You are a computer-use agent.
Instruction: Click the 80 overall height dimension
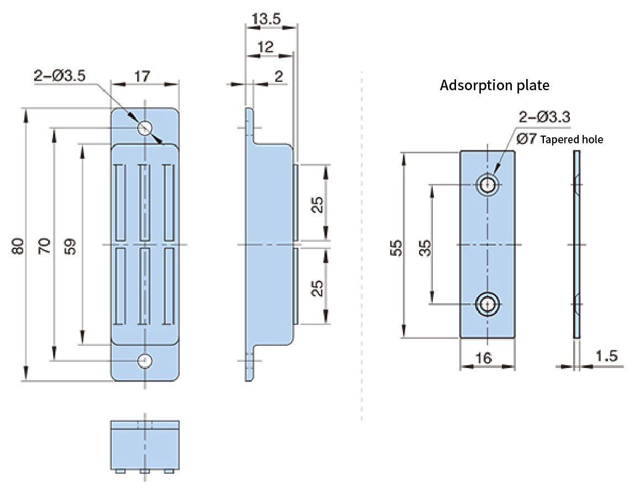17,246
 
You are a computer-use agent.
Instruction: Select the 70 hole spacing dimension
44,246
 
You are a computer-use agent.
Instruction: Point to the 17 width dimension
142,76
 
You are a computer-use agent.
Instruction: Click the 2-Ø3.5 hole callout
60,76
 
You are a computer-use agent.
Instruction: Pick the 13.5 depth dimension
266,19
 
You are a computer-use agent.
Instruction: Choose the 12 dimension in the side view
265,47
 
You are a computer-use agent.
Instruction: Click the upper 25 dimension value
317,205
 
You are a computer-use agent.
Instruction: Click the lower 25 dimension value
317,288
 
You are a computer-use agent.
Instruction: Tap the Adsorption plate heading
495,85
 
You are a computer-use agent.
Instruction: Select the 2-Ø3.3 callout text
544,117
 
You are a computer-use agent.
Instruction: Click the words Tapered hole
572,139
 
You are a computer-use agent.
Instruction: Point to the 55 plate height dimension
396,248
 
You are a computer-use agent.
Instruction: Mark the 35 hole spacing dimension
425,248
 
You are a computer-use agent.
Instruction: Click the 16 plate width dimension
484,358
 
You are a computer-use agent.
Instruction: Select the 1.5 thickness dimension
606,356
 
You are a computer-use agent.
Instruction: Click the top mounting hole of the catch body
145,128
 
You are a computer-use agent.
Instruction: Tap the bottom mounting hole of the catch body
145,361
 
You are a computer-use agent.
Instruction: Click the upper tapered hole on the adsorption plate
488,184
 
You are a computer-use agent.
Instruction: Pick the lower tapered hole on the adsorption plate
488,303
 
